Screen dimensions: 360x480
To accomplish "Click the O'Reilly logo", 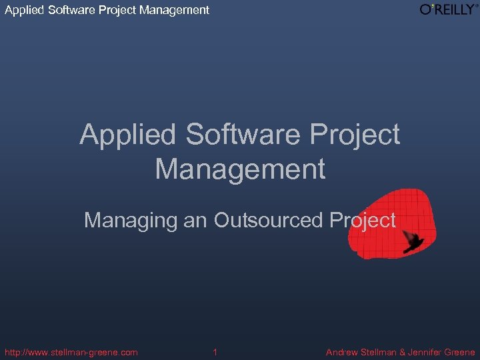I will [x=449, y=9].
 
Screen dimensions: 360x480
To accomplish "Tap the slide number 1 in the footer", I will [x=215, y=352].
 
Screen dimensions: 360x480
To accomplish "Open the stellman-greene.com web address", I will [x=71, y=352].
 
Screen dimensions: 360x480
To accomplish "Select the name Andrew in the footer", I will [x=343, y=352].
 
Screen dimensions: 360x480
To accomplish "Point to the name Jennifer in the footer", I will [x=431, y=352].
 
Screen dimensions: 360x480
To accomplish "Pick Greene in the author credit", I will [x=462, y=352].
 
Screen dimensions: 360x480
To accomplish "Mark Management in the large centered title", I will [x=240, y=169].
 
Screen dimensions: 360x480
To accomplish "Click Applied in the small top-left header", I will [x=22, y=10].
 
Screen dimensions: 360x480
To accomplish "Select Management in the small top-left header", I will [x=174, y=10].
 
